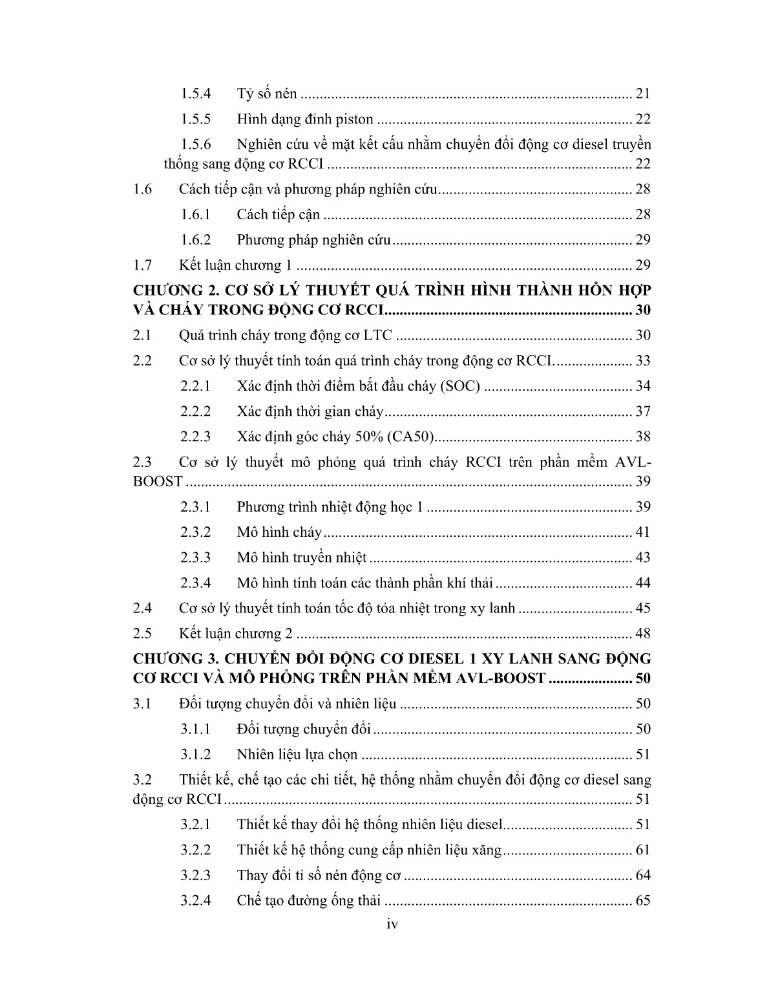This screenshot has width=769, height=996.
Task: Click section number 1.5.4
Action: [x=196, y=94]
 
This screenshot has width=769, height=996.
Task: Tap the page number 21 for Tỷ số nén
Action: [x=643, y=94]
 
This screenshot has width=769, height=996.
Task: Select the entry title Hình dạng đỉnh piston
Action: [x=305, y=119]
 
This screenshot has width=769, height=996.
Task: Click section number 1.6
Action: [x=142, y=189]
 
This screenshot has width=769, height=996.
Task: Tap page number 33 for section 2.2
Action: [x=643, y=361]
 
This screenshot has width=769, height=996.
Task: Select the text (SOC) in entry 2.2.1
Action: [x=459, y=386]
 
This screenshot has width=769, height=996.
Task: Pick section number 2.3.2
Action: [x=196, y=532]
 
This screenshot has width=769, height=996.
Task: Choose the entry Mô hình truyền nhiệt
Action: [x=302, y=558]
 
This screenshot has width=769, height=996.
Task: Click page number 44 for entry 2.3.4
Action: [x=643, y=583]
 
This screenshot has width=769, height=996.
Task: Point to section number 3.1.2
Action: [x=196, y=755]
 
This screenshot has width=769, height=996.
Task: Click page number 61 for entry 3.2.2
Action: [x=643, y=850]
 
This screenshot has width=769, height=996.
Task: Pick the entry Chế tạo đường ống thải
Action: [x=309, y=901]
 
